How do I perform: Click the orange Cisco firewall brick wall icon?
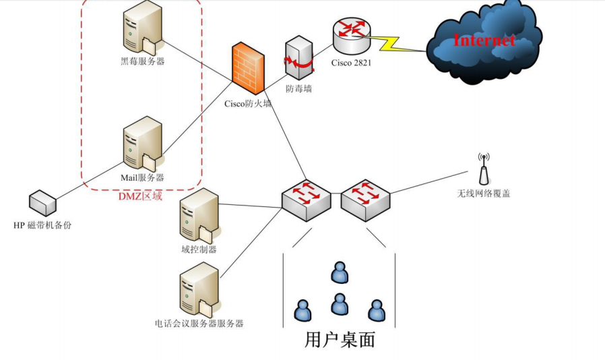tap(249, 68)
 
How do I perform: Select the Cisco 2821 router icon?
tap(351, 36)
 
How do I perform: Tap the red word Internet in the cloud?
tap(484, 40)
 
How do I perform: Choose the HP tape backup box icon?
tap(43, 203)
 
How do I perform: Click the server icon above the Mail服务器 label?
tap(143, 144)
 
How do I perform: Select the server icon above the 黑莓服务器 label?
tap(143, 28)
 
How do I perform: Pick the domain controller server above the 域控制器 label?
tap(199, 216)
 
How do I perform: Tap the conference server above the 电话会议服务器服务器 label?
tap(199, 290)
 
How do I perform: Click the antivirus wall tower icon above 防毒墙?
tap(299, 58)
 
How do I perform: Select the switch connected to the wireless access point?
tap(365, 200)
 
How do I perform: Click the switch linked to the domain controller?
tap(307, 200)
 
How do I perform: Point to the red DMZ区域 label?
tap(140, 196)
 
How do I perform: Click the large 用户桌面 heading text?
tap(340, 340)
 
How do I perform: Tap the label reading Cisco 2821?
tap(351, 63)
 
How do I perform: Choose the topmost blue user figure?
tap(340, 273)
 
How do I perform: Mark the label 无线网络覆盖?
tap(484, 193)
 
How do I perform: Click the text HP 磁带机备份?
tap(42, 225)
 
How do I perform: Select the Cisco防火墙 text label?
tap(248, 104)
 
